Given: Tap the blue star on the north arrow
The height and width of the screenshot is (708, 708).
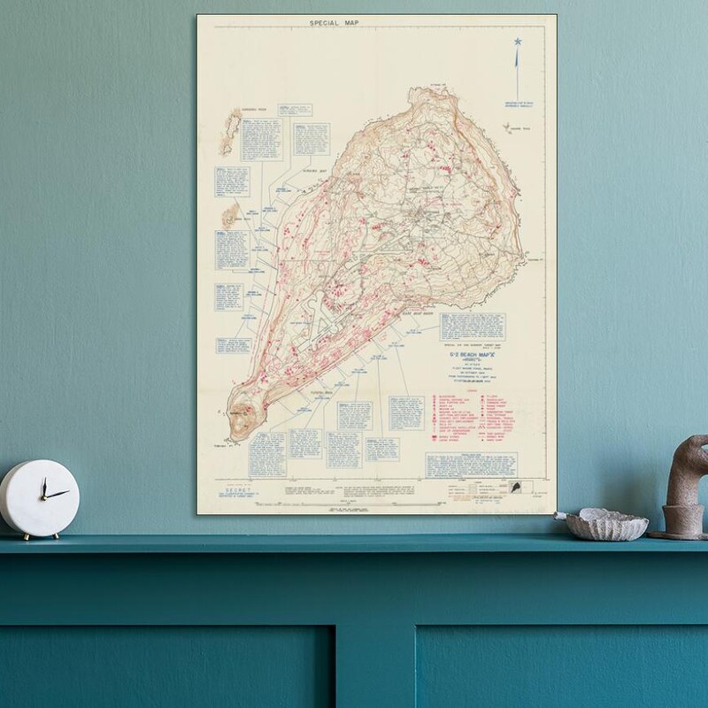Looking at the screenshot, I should [x=518, y=42].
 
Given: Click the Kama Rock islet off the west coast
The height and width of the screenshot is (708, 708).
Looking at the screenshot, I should [x=233, y=213].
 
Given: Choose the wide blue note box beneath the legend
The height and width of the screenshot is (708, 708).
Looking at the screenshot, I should [x=472, y=465].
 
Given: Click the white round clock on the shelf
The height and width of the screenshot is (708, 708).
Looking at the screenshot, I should [x=39, y=498].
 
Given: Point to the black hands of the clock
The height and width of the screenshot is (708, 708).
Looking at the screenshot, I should [x=48, y=492].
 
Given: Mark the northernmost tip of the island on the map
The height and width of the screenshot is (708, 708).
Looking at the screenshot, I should [x=435, y=88].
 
